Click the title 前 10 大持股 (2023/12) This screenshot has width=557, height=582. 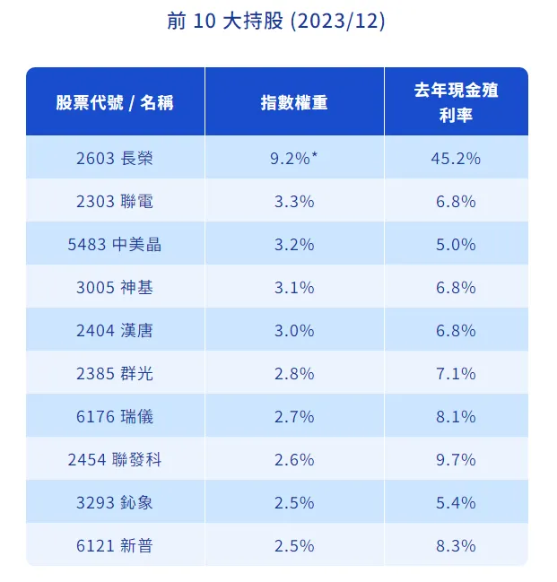tap(276, 21)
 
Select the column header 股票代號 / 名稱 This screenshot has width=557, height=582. tap(114, 102)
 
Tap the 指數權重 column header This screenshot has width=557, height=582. tap(294, 102)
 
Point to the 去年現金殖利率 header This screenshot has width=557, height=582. tap(457, 102)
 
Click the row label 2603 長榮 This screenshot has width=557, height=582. tap(114, 159)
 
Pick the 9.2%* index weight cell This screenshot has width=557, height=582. tap(294, 159)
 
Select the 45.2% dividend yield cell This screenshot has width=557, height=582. tap(457, 159)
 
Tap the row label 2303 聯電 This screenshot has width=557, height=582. tap(114, 202)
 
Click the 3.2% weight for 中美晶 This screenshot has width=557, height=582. tap(294, 245)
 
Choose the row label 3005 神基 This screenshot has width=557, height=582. tap(114, 288)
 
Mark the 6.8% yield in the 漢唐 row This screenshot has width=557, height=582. tap(457, 331)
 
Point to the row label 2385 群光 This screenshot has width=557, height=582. tap(114, 374)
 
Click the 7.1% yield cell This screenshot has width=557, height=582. tap(457, 374)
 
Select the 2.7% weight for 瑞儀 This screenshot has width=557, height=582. tap(294, 417)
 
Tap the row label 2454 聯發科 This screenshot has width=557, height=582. tap(114, 460)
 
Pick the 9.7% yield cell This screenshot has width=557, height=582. tap(457, 460)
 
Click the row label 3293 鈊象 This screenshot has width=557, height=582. tap(114, 503)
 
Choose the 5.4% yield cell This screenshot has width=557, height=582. tap(457, 503)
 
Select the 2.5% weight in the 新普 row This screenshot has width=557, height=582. tap(294, 545)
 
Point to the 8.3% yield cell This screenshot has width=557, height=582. tap(457, 545)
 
